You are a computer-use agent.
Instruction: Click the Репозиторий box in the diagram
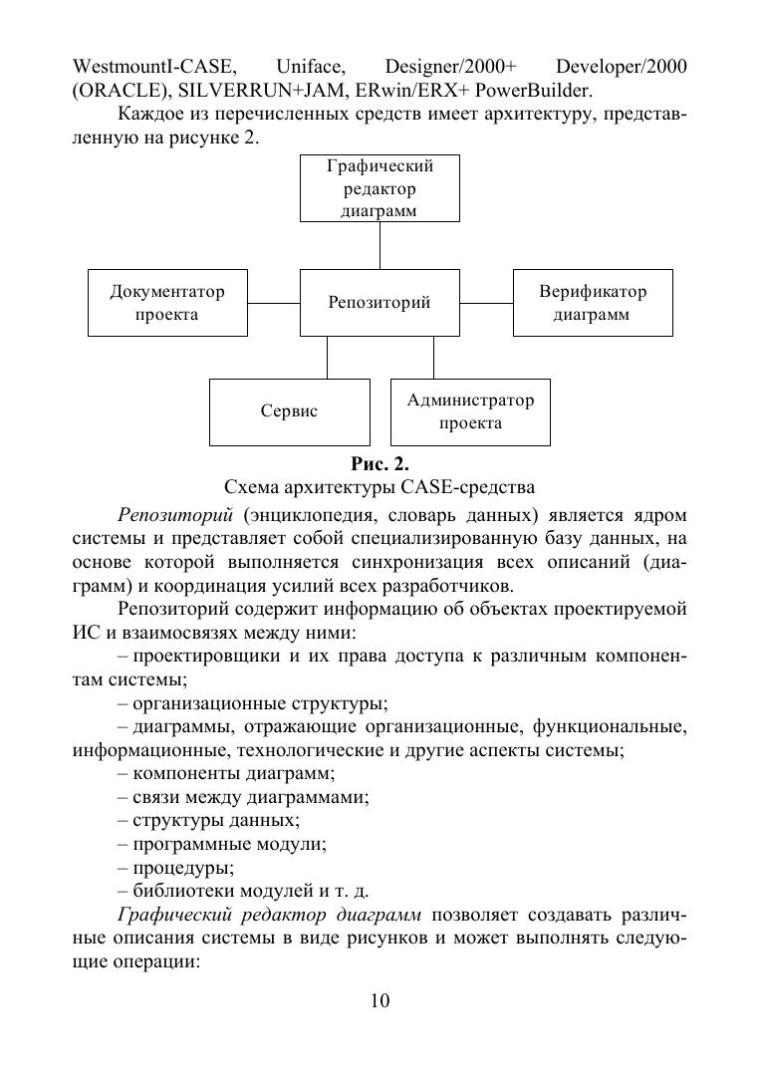380,303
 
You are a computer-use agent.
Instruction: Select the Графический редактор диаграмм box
380,188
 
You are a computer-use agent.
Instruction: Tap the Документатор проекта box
167,303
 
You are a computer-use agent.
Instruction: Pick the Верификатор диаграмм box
593,303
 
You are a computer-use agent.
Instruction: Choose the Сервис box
289,411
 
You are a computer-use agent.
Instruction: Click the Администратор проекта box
470,411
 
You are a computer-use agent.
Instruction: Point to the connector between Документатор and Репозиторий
274,303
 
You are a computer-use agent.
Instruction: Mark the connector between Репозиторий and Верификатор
487,303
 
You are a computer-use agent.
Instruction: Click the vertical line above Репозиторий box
380,245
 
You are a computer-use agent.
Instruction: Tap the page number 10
380,1001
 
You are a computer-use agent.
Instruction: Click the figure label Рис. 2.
380,464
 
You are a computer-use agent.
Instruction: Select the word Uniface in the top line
311,67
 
